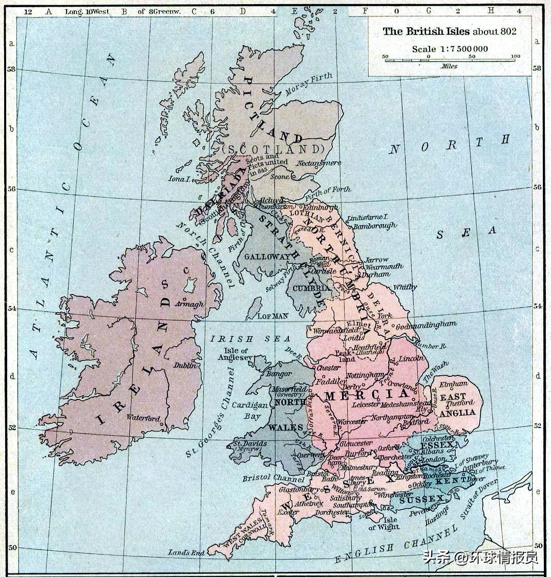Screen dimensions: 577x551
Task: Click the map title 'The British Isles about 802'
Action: [450, 32]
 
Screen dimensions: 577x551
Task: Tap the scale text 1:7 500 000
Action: [450, 49]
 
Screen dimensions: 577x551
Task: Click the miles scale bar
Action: [450, 60]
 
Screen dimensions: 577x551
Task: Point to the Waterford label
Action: [143, 417]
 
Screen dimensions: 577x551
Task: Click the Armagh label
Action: [189, 304]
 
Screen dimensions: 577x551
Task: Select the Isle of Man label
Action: [273, 316]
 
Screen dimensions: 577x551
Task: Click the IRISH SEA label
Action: [250, 339]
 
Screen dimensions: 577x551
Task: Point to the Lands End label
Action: [186, 552]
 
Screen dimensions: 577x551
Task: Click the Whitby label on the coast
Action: [405, 288]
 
